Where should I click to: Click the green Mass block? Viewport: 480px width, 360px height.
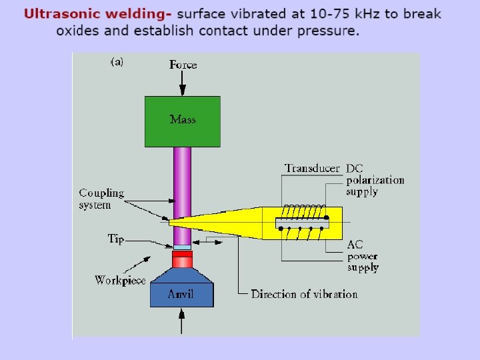pyautogui.click(x=182, y=121)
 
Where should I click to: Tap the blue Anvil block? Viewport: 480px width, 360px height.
pyautogui.click(x=182, y=294)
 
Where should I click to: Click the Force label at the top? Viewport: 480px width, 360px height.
pyautogui.click(x=183, y=65)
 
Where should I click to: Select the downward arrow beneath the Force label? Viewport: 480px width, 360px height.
pyautogui.click(x=183, y=83)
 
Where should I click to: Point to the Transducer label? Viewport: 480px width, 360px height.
pyautogui.click(x=312, y=168)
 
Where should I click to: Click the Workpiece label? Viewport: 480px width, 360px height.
pyautogui.click(x=120, y=280)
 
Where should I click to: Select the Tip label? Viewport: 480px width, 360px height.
pyautogui.click(x=116, y=239)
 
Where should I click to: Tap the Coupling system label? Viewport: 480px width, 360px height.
pyautogui.click(x=101, y=199)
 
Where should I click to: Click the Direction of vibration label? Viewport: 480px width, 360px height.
pyautogui.click(x=304, y=294)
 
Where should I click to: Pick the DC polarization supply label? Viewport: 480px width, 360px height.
pyautogui.click(x=375, y=180)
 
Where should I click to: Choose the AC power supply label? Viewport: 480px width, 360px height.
pyautogui.click(x=363, y=256)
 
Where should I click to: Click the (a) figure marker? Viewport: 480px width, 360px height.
pyautogui.click(x=116, y=63)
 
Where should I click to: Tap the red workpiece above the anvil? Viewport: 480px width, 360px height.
pyautogui.click(x=182, y=259)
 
